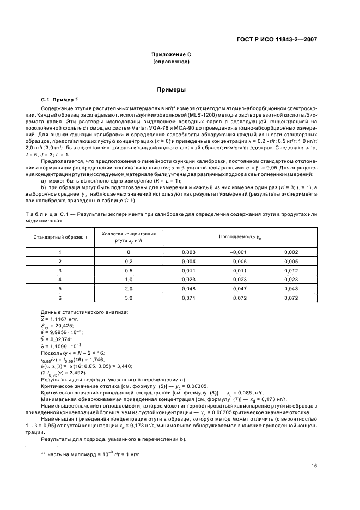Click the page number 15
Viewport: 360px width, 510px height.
pyautogui.click(x=314, y=465)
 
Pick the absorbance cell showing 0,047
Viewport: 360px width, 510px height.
pyautogui.click(x=240, y=288)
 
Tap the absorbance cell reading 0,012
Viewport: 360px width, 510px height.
pyautogui.click(x=291, y=270)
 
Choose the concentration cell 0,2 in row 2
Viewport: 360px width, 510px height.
pyautogui.click(x=129, y=262)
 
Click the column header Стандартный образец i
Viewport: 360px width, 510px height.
pyautogui.click(x=59, y=237)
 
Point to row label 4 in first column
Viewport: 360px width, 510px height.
pyautogui.click(x=59, y=279)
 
